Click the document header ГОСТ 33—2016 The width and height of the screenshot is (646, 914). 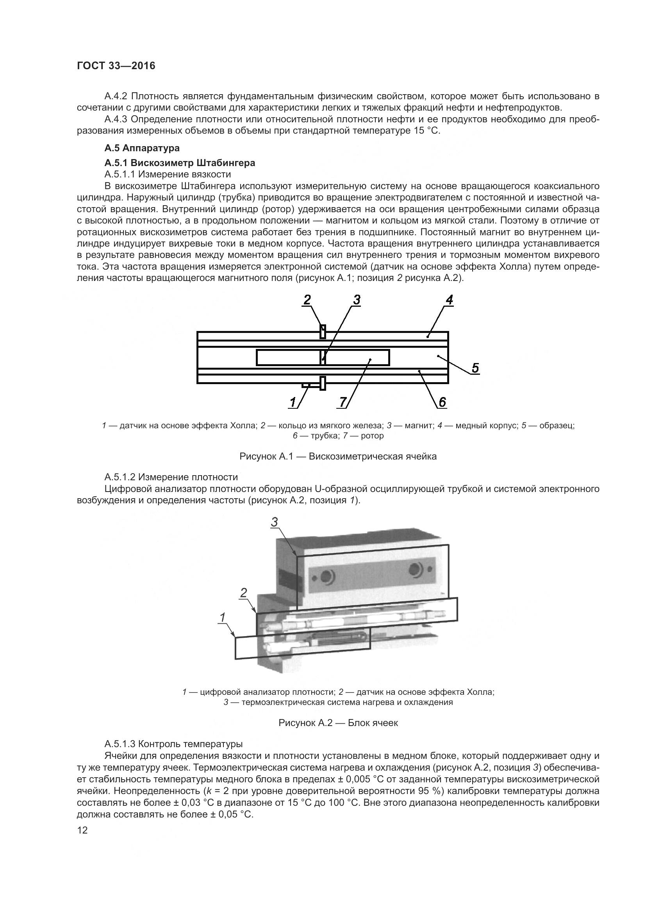pos(116,66)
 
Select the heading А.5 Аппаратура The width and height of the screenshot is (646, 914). pos(142,148)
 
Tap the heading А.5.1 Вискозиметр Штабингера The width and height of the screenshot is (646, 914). pos(180,163)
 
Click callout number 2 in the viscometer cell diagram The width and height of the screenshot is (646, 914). pos(307,300)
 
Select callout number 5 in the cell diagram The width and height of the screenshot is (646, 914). pos(475,368)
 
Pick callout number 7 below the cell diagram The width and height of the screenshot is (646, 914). pos(342,402)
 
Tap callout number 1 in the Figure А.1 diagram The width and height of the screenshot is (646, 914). pos(293,402)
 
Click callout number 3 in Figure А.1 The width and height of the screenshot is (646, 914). pos(357,300)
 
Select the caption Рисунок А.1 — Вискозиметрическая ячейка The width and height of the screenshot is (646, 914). pos(338,456)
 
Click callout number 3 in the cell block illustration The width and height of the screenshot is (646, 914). pos(275,522)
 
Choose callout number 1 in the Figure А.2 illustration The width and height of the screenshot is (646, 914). pos(222,617)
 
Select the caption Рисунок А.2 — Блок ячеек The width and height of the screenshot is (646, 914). pos(338,723)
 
